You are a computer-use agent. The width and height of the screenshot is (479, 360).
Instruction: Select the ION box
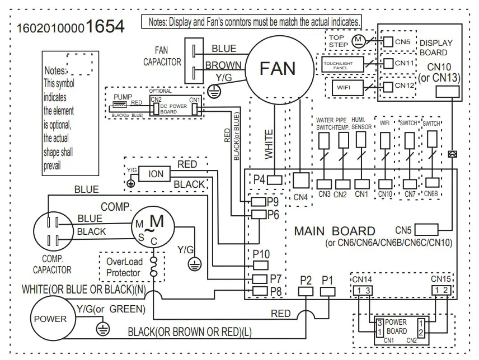156,174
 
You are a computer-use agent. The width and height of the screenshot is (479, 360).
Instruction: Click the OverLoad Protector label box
124,267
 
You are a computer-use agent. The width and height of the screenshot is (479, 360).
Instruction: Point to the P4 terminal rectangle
275,179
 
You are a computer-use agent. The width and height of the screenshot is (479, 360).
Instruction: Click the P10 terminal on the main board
261,265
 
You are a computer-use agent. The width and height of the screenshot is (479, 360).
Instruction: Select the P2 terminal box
305,291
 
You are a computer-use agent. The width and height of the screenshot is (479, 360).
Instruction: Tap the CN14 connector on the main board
361,290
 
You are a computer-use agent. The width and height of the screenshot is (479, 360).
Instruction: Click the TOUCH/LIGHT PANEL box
342,64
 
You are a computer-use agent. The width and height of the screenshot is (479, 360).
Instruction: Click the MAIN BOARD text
335,231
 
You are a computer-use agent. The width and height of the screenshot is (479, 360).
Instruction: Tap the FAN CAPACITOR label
162,56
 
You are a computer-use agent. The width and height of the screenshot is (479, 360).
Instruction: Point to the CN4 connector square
301,179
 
